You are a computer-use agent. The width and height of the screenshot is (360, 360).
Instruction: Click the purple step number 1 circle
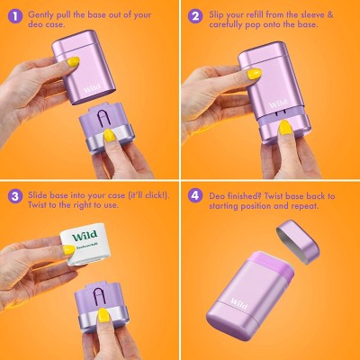[x=15, y=16]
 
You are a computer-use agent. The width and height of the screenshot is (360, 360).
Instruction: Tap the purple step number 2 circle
[x=195, y=16]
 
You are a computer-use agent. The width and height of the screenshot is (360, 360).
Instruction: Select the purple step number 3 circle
[x=15, y=196]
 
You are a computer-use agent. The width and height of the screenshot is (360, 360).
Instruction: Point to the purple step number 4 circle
[x=195, y=196]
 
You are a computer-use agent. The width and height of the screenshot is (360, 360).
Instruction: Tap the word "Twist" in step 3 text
[x=38, y=205]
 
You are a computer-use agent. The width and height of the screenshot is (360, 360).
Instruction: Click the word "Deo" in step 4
[x=217, y=196]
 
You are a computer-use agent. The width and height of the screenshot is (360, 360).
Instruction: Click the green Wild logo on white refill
[x=85, y=236]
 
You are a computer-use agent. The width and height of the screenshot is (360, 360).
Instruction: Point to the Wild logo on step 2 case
[x=278, y=103]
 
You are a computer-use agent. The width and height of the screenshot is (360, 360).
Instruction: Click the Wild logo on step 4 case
[x=239, y=304]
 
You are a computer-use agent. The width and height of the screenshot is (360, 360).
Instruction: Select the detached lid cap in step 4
[x=298, y=242]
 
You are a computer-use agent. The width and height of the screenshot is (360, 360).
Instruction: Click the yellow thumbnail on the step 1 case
[x=73, y=62]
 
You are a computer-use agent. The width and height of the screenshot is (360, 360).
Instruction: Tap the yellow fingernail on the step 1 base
[x=110, y=136]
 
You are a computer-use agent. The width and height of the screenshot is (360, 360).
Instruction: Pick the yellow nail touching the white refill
[x=69, y=249]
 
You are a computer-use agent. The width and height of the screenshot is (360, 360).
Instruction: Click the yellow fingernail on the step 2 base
[x=284, y=128]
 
